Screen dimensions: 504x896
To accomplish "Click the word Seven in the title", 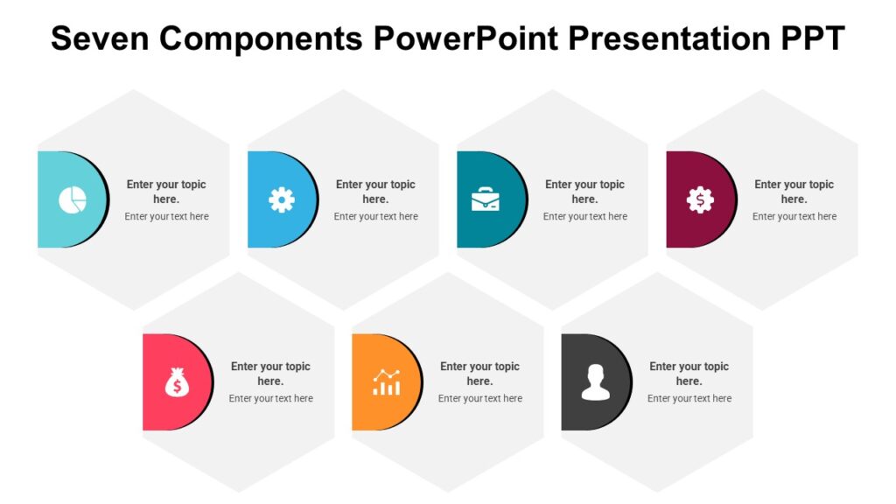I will [101, 39].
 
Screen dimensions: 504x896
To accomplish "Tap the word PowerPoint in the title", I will [465, 39].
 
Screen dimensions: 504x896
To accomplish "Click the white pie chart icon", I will [72, 200].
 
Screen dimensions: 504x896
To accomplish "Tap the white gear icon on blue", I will [281, 200].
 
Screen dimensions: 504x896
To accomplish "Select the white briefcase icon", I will [486, 200].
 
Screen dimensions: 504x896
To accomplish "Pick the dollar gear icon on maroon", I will [700, 200].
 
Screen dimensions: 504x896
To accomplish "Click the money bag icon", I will [177, 382].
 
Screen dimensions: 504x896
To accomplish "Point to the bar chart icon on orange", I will [386, 382].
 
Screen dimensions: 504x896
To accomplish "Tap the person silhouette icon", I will [595, 382].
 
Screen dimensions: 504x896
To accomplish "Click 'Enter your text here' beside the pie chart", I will [166, 217].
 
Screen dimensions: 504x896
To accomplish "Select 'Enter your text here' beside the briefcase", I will [584, 217].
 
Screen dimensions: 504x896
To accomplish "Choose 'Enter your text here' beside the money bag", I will [270, 399].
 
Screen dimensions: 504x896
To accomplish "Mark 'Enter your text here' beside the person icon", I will [689, 399].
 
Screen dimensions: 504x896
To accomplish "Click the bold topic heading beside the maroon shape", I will [794, 192].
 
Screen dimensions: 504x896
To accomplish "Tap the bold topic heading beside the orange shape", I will [479, 374].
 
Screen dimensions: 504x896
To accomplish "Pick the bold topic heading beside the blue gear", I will [375, 192].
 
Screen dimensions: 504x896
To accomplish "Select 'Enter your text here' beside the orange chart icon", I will [479, 399].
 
